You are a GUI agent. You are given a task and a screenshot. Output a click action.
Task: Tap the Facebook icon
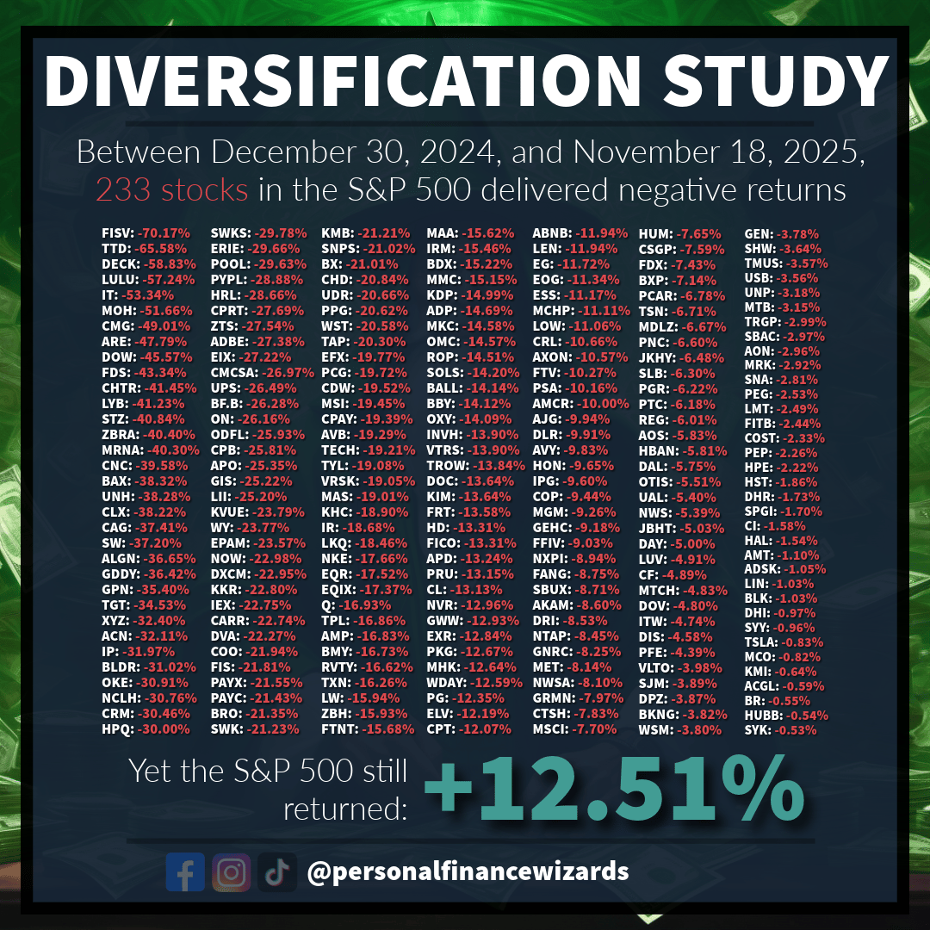click(x=185, y=871)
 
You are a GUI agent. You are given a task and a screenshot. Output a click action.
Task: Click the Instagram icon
click(x=231, y=871)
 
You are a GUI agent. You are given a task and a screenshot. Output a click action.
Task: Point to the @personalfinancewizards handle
click(x=468, y=871)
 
